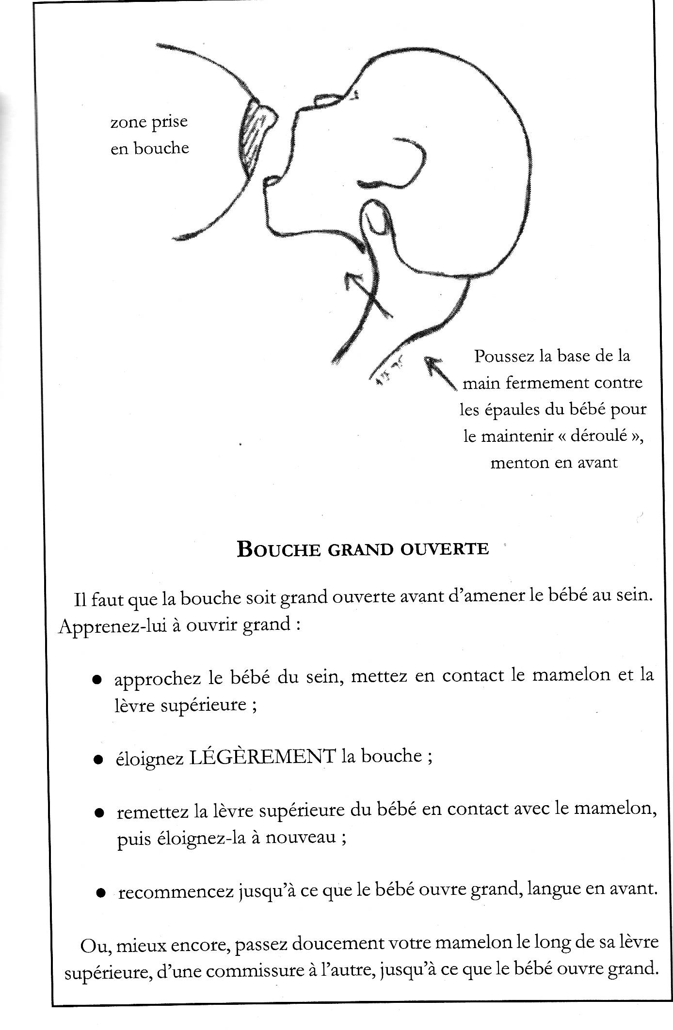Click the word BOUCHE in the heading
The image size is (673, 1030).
279,549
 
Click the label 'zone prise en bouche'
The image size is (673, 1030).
149,135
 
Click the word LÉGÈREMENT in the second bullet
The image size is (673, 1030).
262,757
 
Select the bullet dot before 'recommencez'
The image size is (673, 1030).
100,892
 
